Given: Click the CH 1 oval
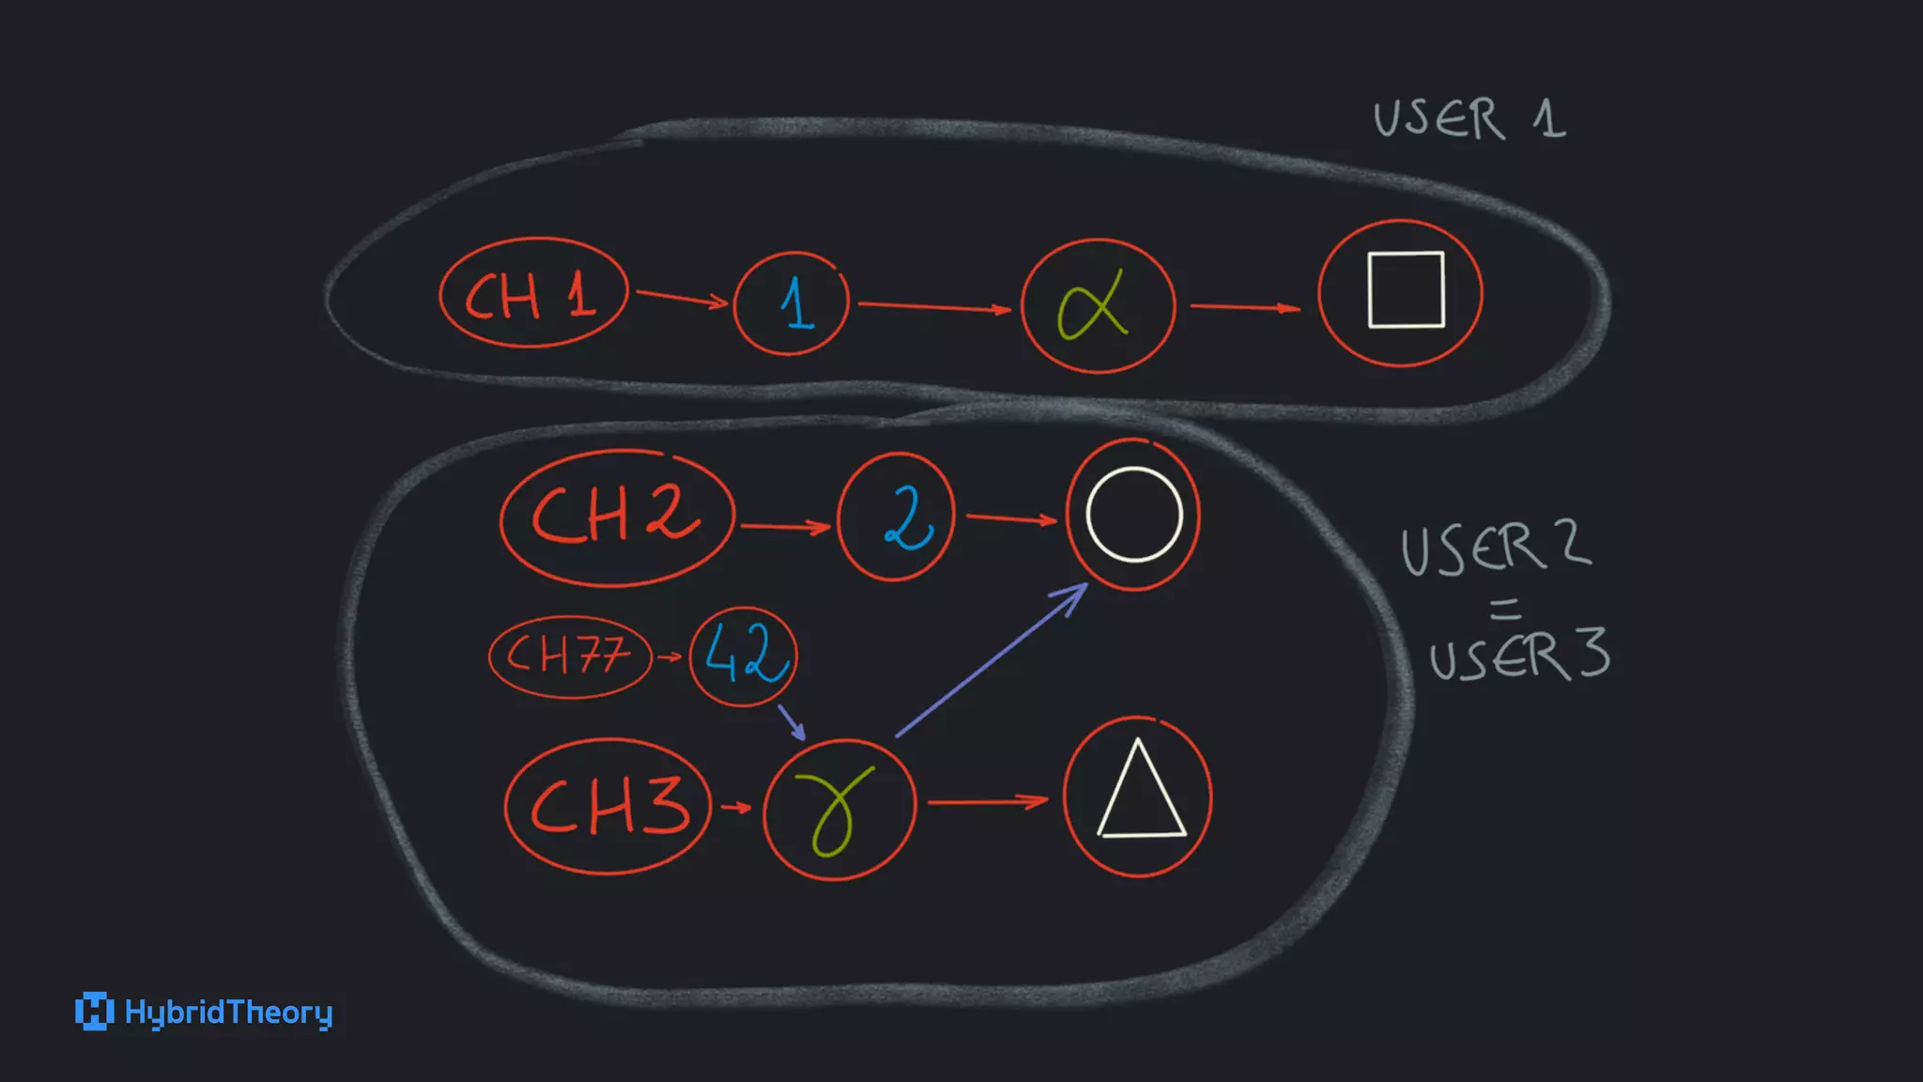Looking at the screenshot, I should [x=532, y=295].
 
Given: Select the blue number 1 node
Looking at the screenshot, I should [x=792, y=303].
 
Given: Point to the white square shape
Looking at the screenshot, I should [x=1406, y=289].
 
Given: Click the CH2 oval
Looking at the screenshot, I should [x=616, y=518].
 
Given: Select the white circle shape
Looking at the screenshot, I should [x=1133, y=515].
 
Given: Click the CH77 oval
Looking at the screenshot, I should [x=569, y=656].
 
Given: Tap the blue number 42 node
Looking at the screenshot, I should [x=744, y=655].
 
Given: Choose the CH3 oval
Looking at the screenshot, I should [x=608, y=806].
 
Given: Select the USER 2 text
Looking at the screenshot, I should [x=1495, y=549].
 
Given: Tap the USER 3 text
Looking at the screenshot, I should [x=1518, y=655].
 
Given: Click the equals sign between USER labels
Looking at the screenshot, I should [x=1505, y=610].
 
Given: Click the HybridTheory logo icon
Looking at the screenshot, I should [x=94, y=1012].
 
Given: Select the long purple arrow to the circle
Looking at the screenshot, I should [x=991, y=660].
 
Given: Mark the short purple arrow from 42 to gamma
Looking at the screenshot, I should [x=792, y=721].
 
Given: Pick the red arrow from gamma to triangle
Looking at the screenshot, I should [x=987, y=802].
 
